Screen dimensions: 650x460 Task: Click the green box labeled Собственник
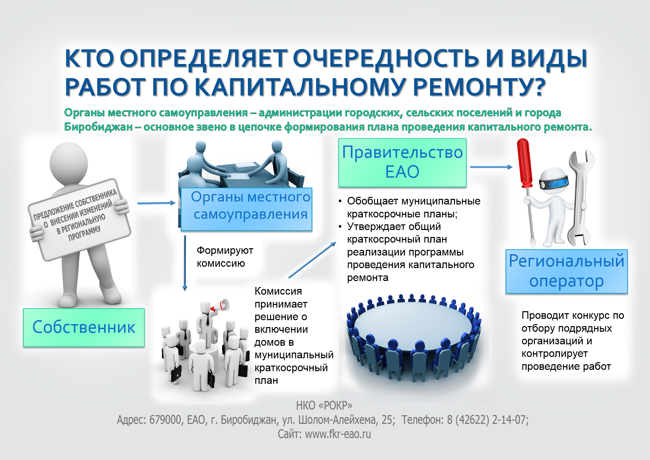click(x=84, y=327)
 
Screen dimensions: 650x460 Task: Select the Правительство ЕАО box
click(x=402, y=162)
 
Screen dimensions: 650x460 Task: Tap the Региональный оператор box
click(x=567, y=271)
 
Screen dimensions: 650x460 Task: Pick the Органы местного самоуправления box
click(x=247, y=209)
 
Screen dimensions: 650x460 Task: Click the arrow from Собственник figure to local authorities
click(x=156, y=203)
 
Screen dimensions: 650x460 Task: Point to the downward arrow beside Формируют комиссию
click(x=185, y=263)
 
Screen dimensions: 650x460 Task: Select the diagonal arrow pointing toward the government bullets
click(x=312, y=260)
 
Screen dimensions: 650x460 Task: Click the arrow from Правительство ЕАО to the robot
click(x=491, y=167)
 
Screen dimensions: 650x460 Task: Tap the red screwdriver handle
click(x=525, y=163)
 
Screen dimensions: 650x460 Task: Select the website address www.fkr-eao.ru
click(x=338, y=434)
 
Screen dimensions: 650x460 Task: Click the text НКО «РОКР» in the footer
click(x=324, y=405)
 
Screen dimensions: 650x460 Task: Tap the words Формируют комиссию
click(x=225, y=257)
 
